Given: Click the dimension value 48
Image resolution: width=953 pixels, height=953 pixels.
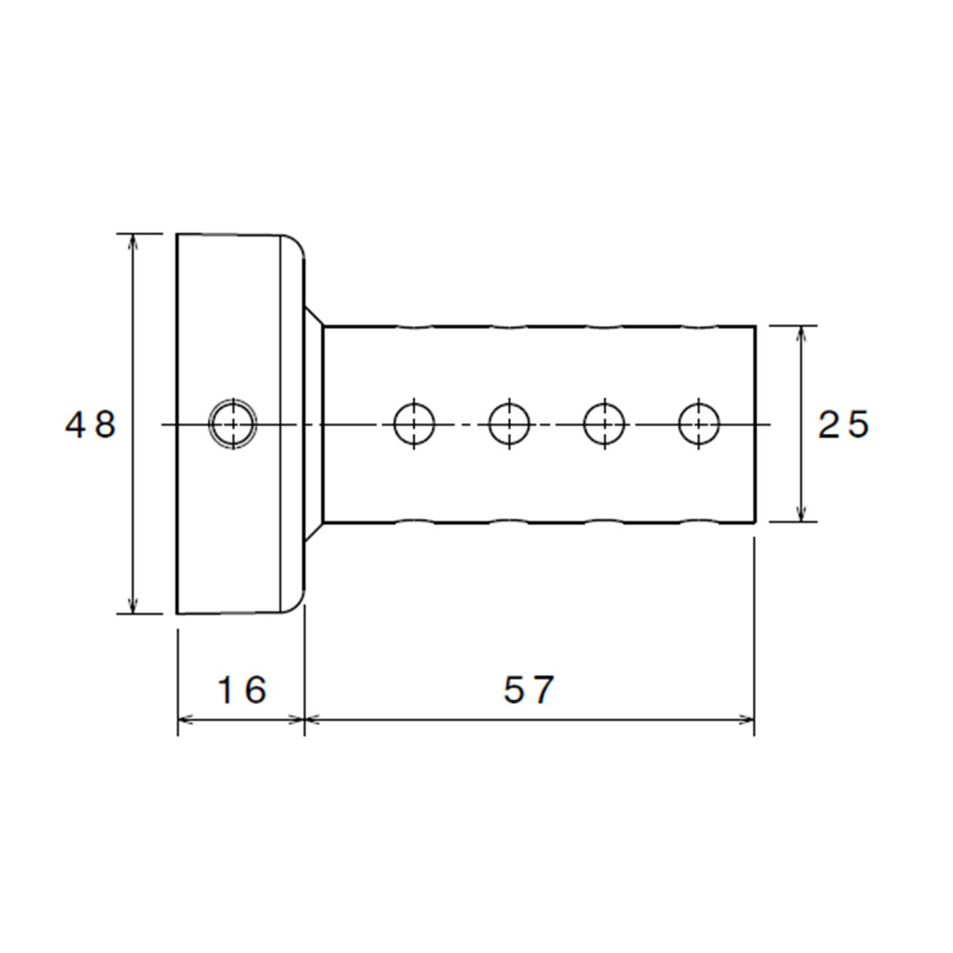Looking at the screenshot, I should point(91,424).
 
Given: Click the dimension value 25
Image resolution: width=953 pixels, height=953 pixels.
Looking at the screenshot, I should point(844,424).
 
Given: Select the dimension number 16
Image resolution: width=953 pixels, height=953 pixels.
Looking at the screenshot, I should point(242,690).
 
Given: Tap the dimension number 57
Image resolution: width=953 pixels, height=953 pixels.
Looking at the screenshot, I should point(528,690).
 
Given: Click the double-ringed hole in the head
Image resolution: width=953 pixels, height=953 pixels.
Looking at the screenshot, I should point(233,424).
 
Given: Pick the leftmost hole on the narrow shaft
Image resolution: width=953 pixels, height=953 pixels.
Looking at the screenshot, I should point(414,424).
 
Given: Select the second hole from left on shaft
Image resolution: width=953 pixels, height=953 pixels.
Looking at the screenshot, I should point(509,424).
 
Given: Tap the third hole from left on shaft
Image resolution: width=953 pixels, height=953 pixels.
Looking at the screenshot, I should point(604,424).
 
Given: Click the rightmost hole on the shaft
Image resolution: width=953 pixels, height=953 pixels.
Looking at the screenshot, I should point(700,424).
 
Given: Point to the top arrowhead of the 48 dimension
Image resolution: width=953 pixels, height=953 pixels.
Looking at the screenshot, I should point(134,242).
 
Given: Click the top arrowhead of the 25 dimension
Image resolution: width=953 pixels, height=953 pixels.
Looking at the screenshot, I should point(802,334).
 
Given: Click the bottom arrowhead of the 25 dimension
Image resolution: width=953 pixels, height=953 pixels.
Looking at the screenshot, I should point(802,514).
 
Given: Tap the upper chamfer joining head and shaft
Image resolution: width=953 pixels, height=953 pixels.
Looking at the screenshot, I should point(314,316).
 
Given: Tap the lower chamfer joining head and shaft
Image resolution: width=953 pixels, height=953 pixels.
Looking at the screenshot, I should point(314,532).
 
